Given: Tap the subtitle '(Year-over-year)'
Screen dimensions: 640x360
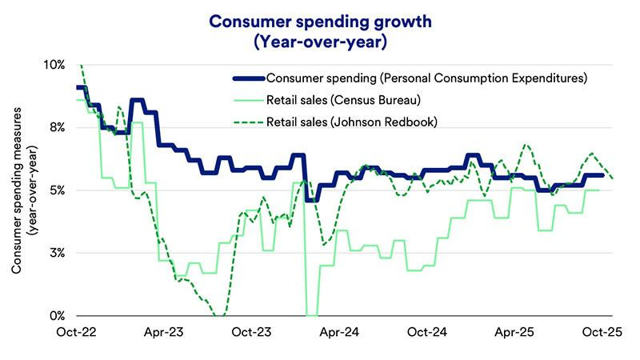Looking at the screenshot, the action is (x=320, y=42).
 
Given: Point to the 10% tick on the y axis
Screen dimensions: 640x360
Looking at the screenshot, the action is (x=55, y=65).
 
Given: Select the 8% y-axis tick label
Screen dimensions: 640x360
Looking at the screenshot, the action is (x=58, y=127).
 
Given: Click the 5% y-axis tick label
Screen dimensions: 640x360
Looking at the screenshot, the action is (x=58, y=190).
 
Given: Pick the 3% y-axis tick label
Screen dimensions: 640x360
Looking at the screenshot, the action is (x=58, y=253).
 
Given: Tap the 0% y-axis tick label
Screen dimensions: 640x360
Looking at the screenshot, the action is (x=58, y=315).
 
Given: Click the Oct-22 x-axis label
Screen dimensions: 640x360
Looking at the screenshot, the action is (x=76, y=332).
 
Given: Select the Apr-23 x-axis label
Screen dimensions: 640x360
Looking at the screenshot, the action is (x=164, y=332).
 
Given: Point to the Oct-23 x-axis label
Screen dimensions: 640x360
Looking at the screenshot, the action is (x=251, y=332).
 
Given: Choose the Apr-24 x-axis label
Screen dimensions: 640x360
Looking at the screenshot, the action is (x=339, y=332).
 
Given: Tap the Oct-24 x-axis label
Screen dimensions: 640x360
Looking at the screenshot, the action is (x=427, y=332).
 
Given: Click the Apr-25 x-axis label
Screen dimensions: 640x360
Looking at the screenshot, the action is (x=514, y=332).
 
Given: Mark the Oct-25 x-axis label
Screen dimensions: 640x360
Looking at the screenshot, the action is (x=602, y=332).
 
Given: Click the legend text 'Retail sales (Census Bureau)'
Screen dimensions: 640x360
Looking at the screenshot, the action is (x=343, y=100).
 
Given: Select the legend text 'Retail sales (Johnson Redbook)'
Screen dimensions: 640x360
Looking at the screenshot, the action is (x=352, y=122).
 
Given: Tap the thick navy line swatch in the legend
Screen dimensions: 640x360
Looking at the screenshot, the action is (x=249, y=78).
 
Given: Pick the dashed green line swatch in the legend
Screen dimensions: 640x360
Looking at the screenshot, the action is (x=249, y=122).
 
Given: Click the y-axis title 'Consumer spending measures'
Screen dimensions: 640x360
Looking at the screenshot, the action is (x=16, y=190).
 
